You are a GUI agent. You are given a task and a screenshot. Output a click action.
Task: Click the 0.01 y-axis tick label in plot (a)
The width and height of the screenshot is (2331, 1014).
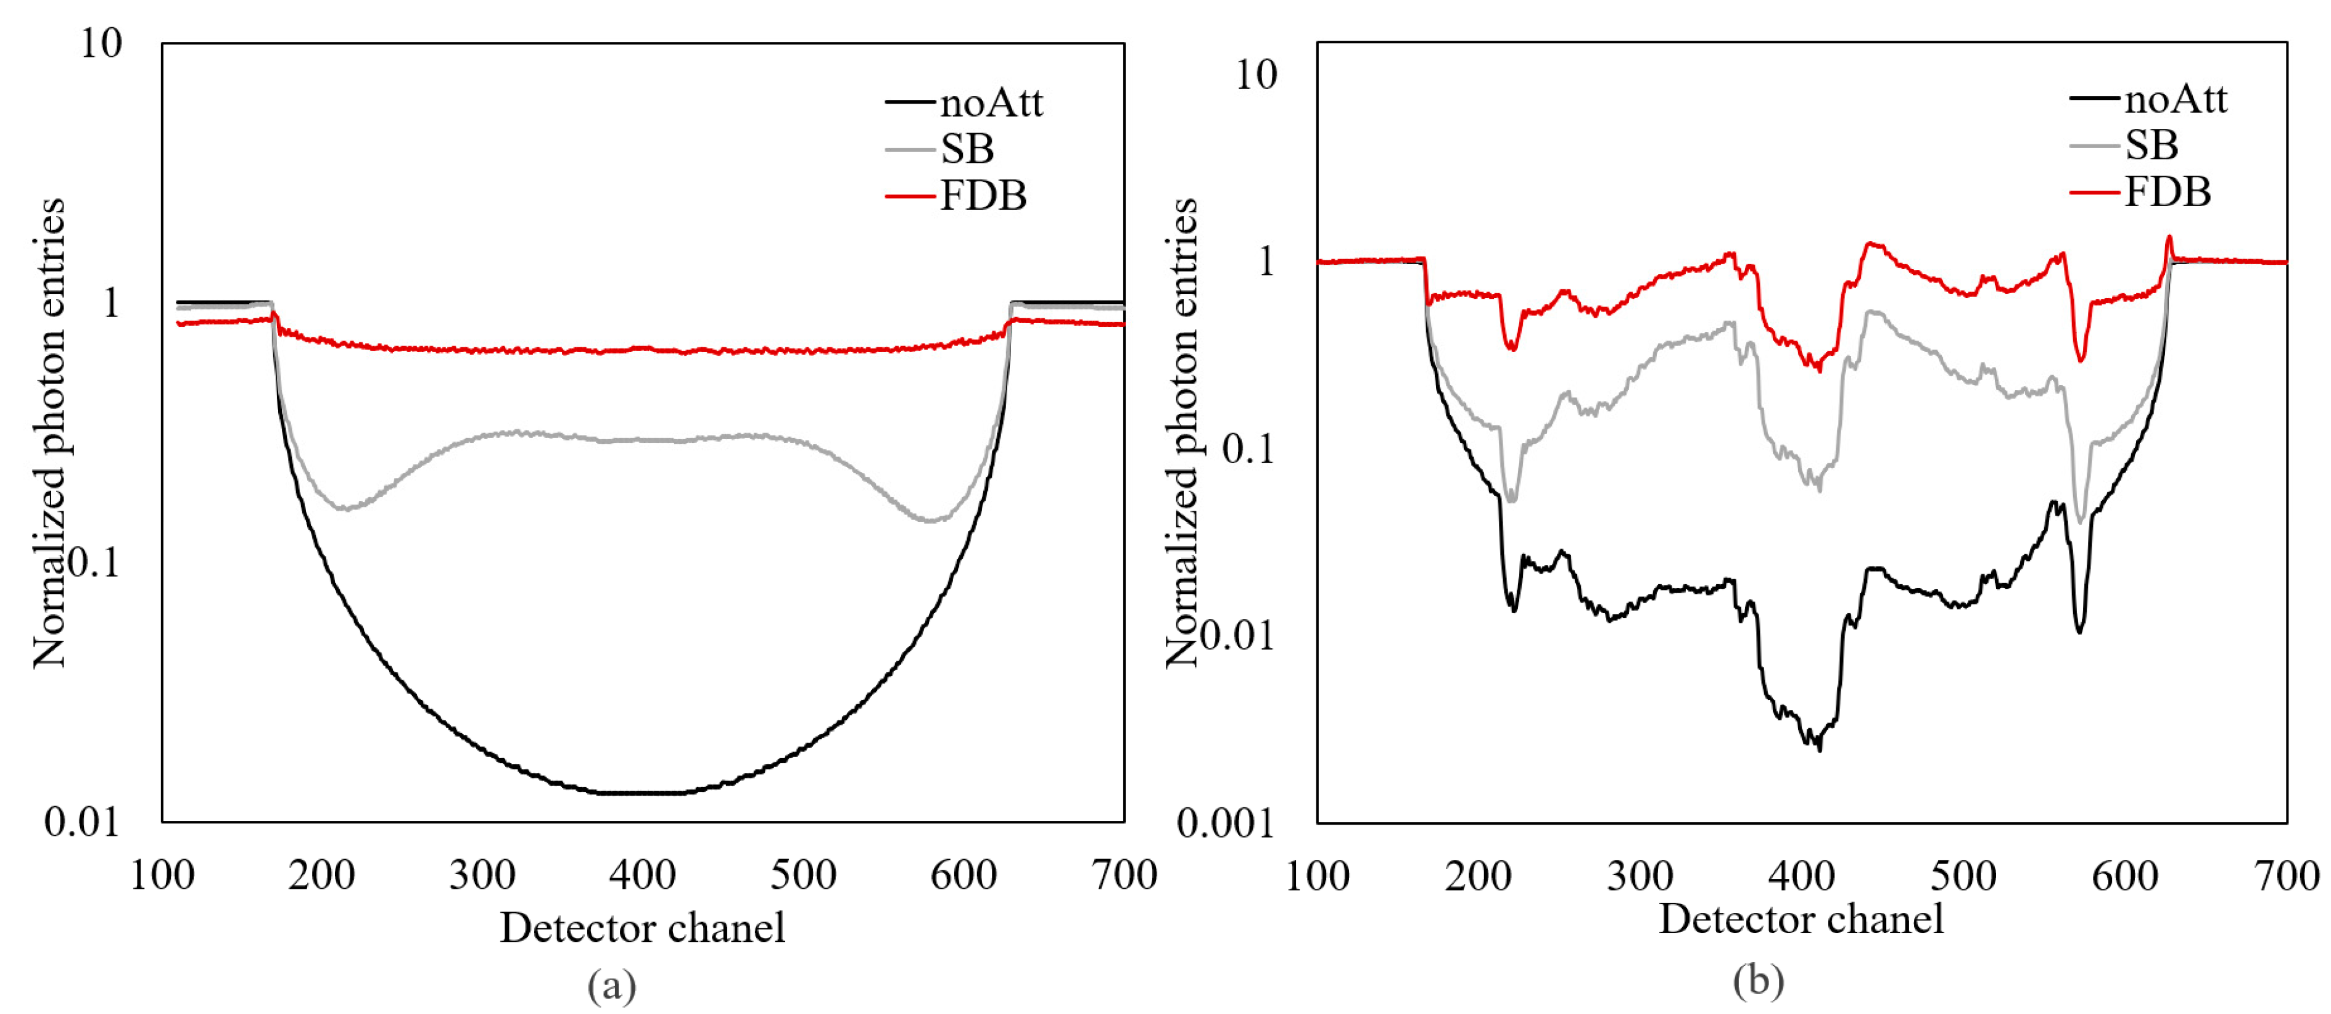tap(81, 822)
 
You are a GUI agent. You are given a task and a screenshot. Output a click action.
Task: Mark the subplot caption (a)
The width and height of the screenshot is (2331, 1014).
tap(612, 984)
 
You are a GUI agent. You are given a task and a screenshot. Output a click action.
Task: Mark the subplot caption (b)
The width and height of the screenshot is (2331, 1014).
tap(1758, 981)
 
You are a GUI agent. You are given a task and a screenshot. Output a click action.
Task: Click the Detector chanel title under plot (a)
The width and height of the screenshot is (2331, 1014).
tap(643, 927)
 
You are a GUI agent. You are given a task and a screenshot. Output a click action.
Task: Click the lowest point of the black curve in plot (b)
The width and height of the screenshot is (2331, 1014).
tap(1820, 749)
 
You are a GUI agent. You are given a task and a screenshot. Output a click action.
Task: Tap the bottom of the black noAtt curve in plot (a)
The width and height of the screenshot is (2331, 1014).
tap(643, 793)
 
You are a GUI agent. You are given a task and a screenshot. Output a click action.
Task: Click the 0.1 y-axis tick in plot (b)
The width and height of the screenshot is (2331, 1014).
tap(1248, 448)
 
